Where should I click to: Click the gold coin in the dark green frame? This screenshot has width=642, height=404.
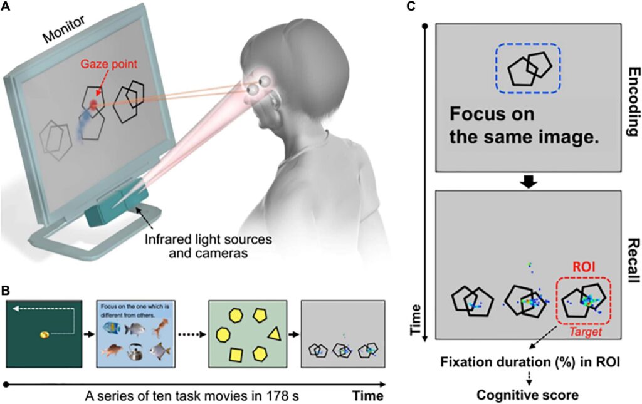pos(45,335)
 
